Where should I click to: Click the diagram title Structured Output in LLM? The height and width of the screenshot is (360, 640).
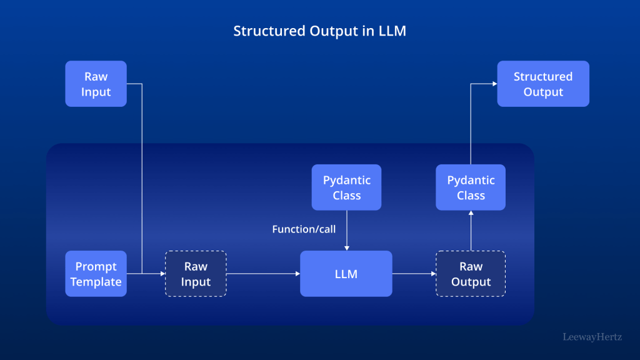319,31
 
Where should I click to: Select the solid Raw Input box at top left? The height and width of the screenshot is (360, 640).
96,84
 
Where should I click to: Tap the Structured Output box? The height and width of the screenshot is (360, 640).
542,84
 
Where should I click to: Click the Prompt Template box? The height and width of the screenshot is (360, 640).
96,274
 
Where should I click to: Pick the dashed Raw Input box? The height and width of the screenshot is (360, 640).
196,274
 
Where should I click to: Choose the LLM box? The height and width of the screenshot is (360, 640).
346,274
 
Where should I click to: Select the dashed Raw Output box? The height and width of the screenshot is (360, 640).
471,274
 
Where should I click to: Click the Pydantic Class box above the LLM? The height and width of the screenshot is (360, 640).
346,187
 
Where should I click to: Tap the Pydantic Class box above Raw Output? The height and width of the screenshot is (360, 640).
471,187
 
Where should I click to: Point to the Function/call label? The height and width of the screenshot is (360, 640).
304,229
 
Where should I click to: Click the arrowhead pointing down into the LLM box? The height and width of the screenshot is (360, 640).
346,247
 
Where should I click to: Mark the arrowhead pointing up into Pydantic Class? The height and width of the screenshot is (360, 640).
471,214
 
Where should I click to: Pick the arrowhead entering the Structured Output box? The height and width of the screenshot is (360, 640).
494,84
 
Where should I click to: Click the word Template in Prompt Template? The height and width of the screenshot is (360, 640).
96,282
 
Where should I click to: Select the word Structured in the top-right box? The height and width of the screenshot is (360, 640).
542,76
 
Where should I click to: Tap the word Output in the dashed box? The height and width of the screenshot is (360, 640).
471,282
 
